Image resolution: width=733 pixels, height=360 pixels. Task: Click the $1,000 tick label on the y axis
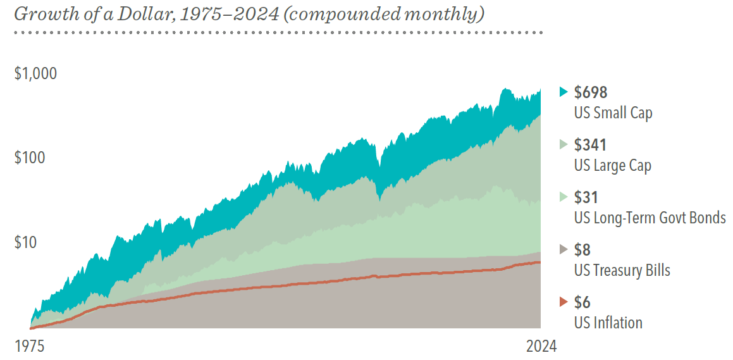[x=35, y=73]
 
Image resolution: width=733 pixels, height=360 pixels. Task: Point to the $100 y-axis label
[x=30, y=158]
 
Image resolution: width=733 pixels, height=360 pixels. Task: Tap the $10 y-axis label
[x=26, y=242]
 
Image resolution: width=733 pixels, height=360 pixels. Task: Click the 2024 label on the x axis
[x=542, y=347]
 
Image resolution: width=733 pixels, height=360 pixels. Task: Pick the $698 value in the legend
[x=591, y=93]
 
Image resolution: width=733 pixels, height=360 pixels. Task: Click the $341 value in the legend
[x=590, y=145]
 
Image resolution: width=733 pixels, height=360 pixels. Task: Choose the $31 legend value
[x=586, y=197]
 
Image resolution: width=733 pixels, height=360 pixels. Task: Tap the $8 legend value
[x=582, y=250]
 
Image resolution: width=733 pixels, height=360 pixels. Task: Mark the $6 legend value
[x=582, y=302]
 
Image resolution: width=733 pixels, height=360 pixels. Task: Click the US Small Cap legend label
[x=613, y=113]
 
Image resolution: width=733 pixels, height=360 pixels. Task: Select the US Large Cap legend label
[x=612, y=166]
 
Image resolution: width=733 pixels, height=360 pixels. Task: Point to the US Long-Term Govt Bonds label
[x=650, y=218]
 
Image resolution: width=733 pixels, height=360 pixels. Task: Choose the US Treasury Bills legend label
[x=622, y=270]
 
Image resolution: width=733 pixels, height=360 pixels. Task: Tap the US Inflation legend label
[x=608, y=323]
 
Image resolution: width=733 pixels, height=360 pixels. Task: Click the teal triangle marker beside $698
[x=564, y=92]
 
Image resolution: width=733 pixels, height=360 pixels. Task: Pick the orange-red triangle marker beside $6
[x=564, y=302]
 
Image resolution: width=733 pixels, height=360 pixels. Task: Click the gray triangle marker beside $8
[x=564, y=249]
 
